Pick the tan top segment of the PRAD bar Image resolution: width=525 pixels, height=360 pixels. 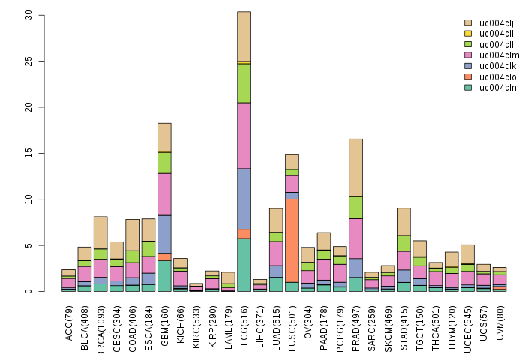coord(356,167)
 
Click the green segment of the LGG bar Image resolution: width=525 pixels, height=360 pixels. coord(244,83)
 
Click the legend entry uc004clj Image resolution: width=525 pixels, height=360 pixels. coord(495,23)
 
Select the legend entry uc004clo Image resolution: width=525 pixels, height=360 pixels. coord(495,77)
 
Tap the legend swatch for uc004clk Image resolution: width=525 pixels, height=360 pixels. coord(468,66)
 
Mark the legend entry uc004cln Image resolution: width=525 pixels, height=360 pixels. coord(495,88)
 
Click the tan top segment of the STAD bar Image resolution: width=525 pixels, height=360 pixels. coord(404,221)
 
